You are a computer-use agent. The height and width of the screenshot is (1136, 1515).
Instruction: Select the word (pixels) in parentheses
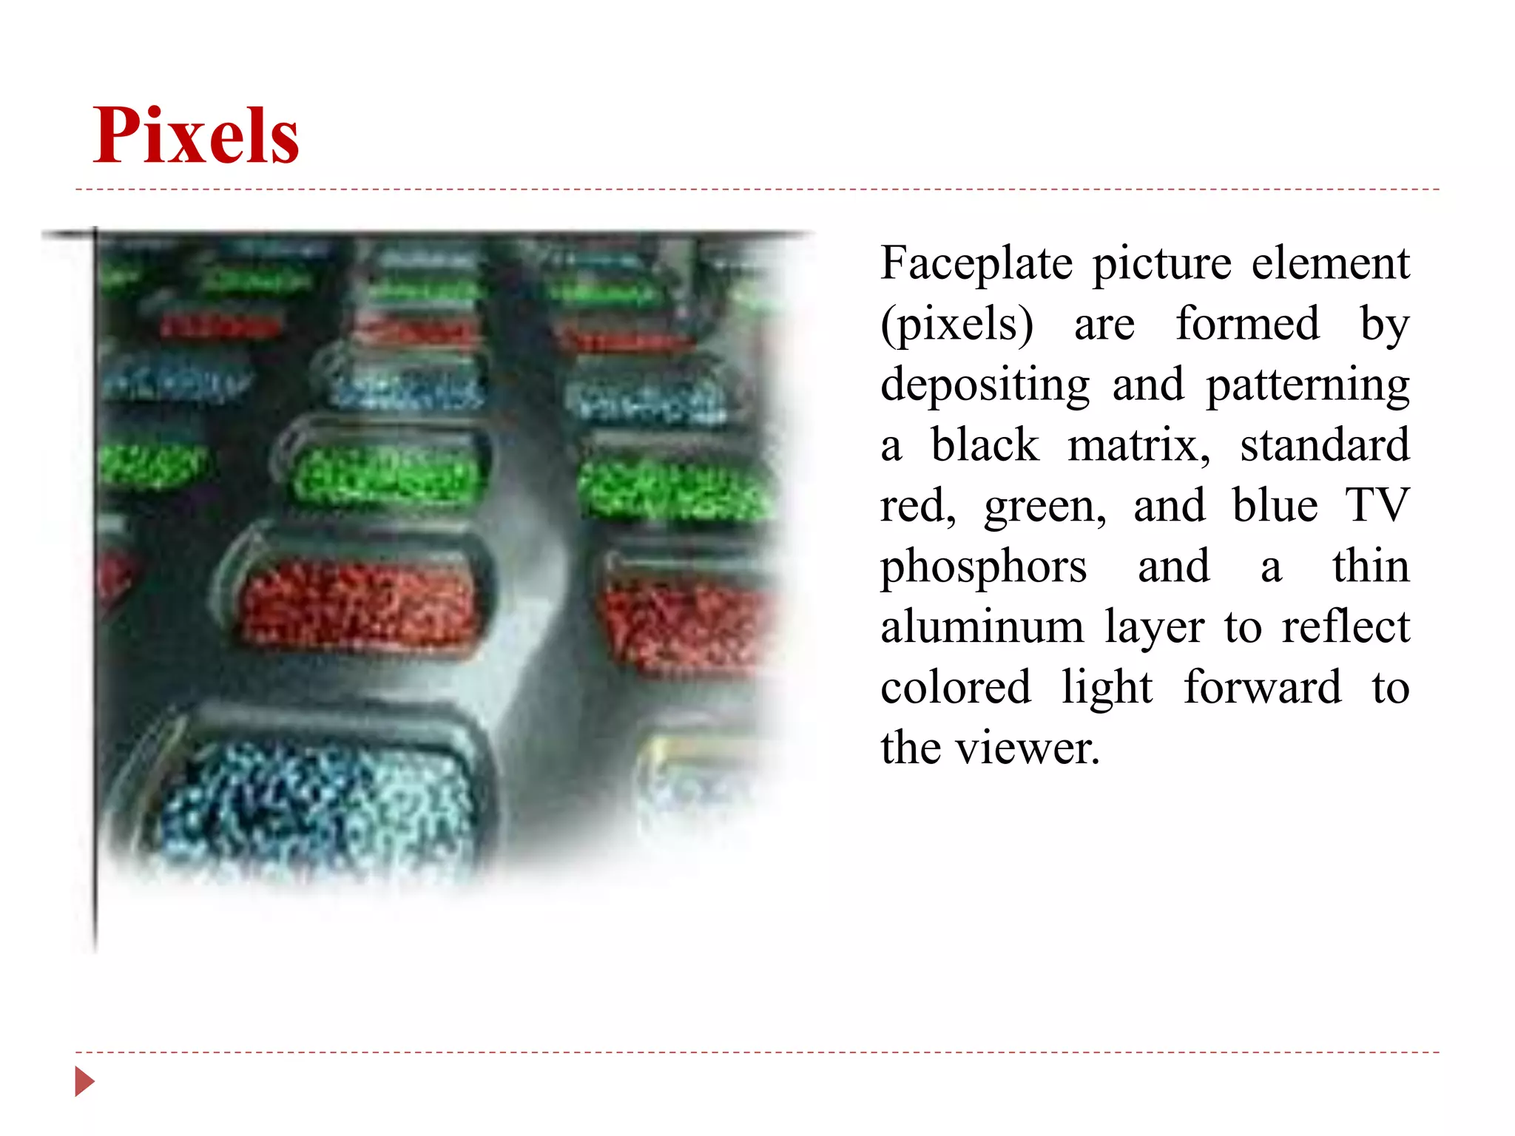pos(957,325)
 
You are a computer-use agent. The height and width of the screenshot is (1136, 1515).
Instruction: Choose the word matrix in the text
pos(1138,445)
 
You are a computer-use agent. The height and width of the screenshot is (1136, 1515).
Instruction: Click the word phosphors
pos(983,567)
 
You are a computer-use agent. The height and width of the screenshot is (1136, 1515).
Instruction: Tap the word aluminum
pos(982,626)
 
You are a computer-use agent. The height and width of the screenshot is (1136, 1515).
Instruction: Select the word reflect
pos(1346,626)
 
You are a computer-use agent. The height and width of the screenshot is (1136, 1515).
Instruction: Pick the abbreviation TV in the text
pos(1377,506)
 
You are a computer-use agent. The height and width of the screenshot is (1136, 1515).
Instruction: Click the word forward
pos(1262,687)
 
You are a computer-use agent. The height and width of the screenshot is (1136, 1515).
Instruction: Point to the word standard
pos(1325,445)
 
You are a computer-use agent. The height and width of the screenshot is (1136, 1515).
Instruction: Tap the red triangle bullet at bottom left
pos(84,1081)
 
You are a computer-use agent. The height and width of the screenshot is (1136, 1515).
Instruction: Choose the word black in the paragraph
pos(984,445)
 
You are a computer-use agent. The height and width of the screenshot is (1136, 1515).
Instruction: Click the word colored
pos(955,687)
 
